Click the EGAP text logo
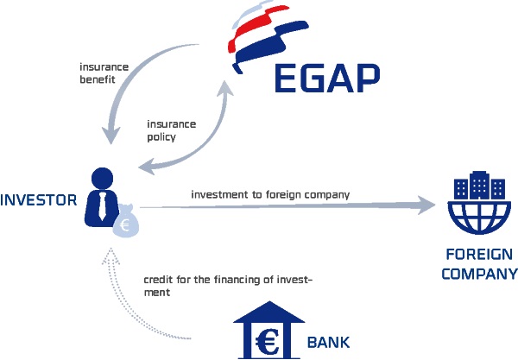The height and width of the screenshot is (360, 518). [x=326, y=79]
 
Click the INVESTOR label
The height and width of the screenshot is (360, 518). [x=39, y=200]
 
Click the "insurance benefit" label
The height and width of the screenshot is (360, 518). [x=103, y=73]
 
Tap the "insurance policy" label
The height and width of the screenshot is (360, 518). [x=172, y=130]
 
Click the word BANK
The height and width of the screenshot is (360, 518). [x=328, y=342]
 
